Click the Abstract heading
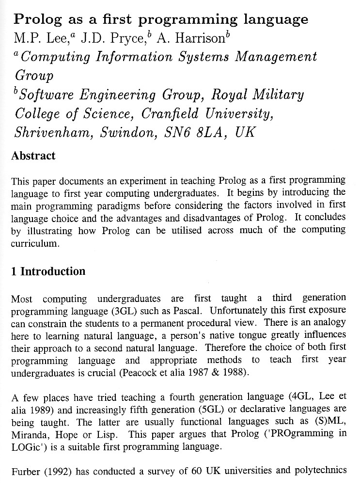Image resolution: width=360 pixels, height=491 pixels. click(33, 156)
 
